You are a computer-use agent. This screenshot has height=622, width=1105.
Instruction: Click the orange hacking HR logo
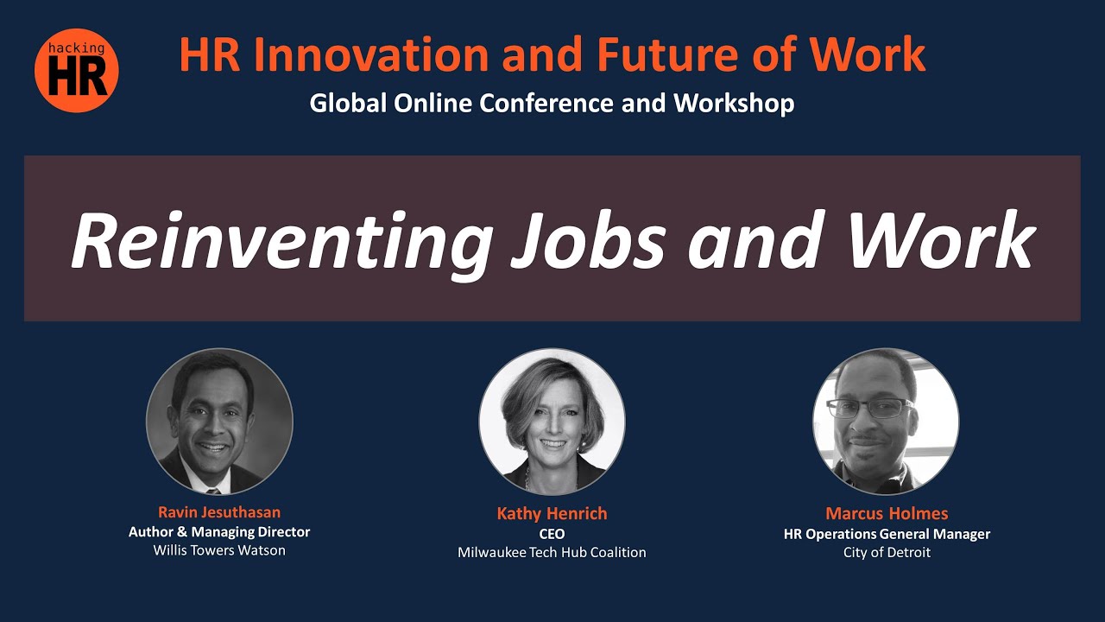pos(77,71)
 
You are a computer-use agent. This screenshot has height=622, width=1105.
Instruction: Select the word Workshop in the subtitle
pos(734,104)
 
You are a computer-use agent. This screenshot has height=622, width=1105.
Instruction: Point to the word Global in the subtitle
pos(348,103)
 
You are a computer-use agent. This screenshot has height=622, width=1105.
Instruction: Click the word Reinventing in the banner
pos(281,242)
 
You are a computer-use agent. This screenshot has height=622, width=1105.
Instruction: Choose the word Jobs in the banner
pos(589,240)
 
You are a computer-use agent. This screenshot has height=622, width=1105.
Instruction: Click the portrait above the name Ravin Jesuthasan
pos(219,422)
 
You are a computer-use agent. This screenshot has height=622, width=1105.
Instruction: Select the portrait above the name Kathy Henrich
pos(552,422)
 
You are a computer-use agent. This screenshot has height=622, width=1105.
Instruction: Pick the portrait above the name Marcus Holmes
pos(886,422)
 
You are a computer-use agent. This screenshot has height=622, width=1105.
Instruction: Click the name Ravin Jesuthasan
pos(219,512)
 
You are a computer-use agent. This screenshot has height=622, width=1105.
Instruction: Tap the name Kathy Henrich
pos(552,513)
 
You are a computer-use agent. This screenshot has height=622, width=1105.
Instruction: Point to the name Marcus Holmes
pos(887,513)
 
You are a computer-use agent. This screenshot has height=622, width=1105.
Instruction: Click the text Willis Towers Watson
pos(219,550)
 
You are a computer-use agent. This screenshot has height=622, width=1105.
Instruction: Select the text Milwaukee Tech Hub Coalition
pos(552,552)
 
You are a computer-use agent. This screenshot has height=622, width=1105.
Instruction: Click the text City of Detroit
pos(887,552)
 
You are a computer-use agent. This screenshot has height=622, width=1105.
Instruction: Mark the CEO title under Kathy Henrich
pos(552,534)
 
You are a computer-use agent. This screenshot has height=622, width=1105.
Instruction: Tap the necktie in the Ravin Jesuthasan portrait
pos(213,492)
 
